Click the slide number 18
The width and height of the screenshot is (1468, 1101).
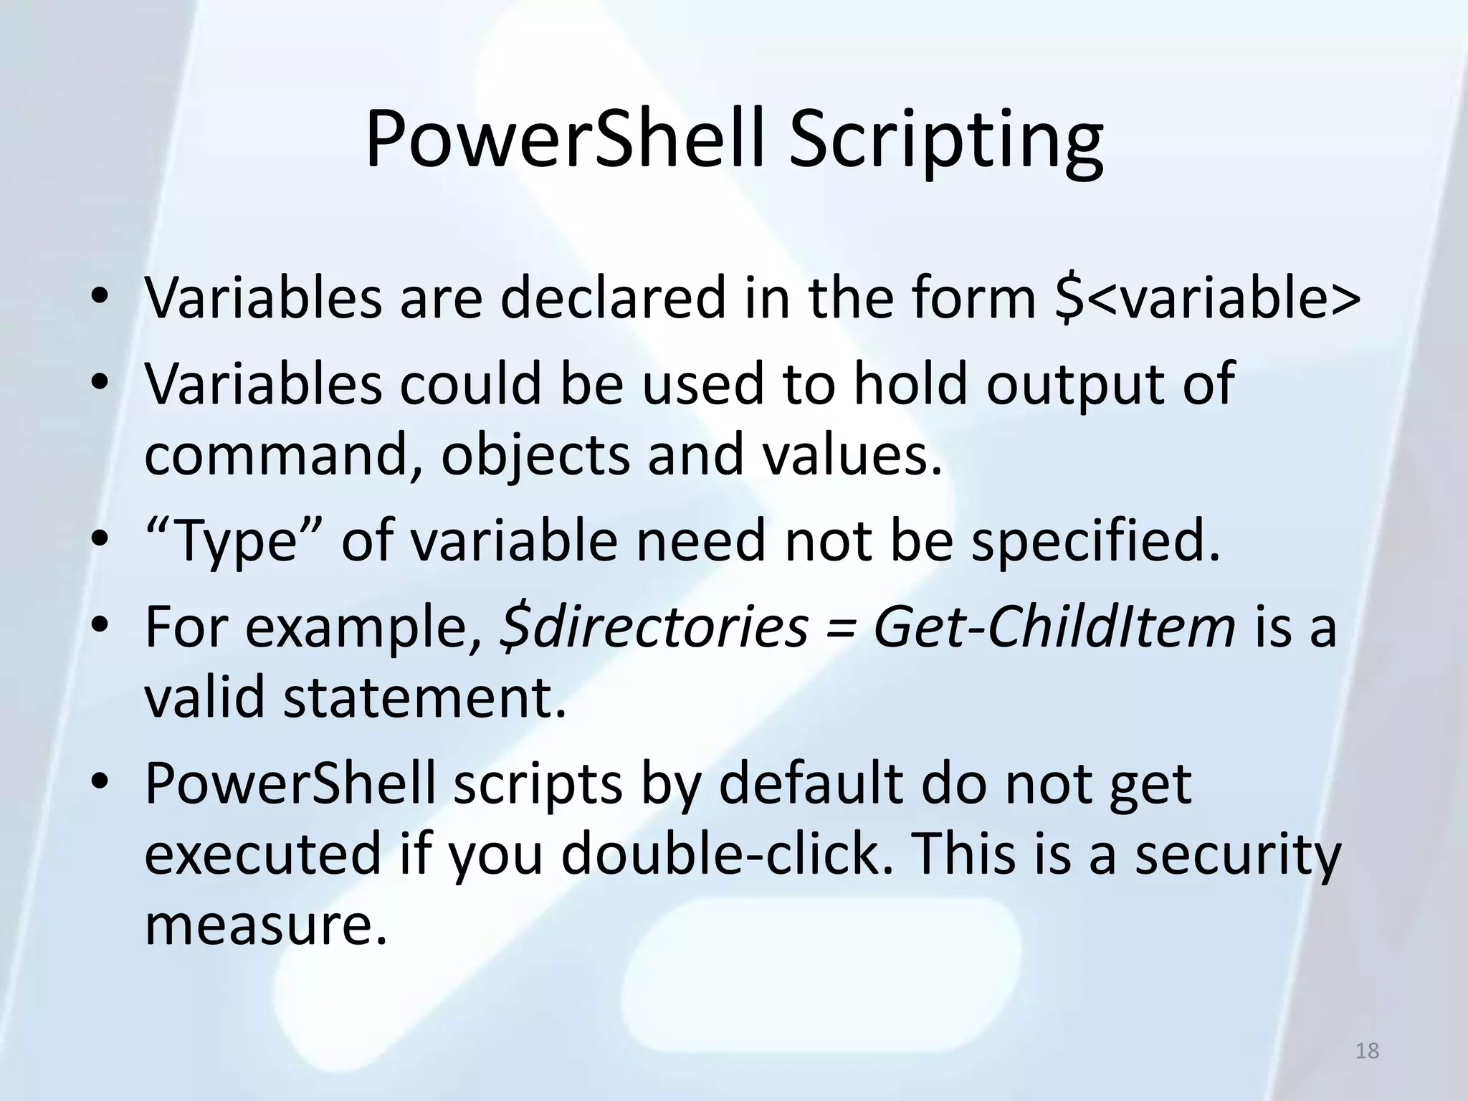(1368, 1051)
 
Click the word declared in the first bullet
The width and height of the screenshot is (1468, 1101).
(614, 298)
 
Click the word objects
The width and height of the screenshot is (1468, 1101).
(535, 454)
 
